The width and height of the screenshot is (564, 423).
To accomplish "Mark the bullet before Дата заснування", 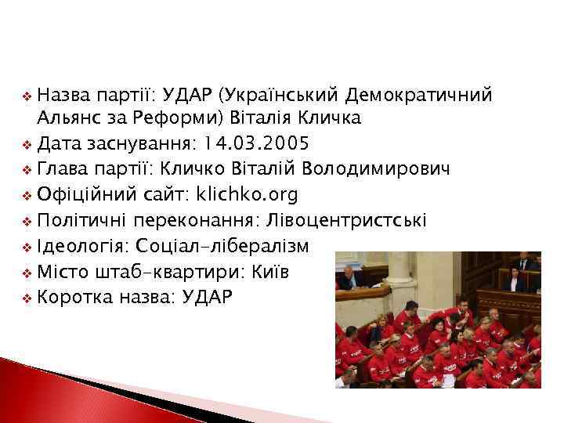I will tap(27, 145).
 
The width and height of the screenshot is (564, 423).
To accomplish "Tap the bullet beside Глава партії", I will tap(27, 170).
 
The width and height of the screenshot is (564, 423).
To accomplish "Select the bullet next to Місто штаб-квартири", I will tap(27, 271).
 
